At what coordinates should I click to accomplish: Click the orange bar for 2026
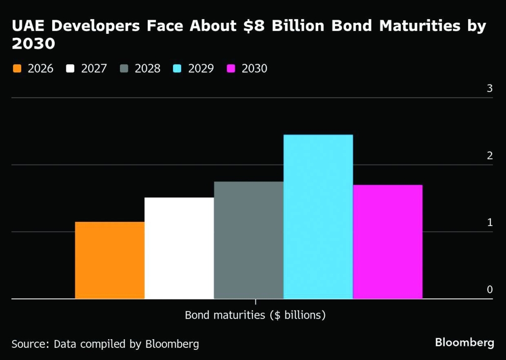[x=109, y=260]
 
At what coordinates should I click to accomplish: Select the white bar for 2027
[x=179, y=248]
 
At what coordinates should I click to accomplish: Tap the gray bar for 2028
[x=248, y=240]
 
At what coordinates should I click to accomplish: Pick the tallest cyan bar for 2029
[x=318, y=217]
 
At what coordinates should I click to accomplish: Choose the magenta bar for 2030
[x=388, y=242]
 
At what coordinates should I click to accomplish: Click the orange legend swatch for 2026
[x=17, y=68]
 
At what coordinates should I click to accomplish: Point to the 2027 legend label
[x=94, y=68]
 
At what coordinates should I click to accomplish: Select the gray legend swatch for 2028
[x=124, y=68]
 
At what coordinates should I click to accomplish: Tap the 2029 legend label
[x=201, y=68]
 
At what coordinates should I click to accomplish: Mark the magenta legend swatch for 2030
[x=232, y=68]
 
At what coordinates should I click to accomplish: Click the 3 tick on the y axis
[x=489, y=88]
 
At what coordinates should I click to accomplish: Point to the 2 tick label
[x=489, y=156]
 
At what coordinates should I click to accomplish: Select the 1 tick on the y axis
[x=489, y=222]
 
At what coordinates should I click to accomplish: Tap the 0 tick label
[x=489, y=289]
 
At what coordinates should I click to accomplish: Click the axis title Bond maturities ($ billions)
[x=255, y=315]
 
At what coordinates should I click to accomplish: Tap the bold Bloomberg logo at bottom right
[x=464, y=343]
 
